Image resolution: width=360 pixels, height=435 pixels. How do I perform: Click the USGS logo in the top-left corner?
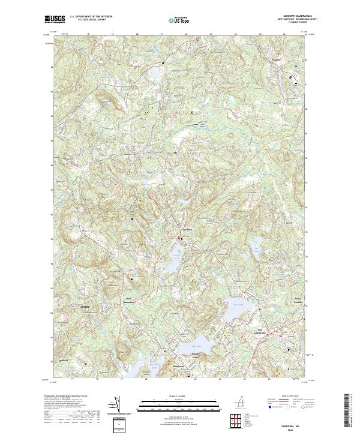[55, 19]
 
